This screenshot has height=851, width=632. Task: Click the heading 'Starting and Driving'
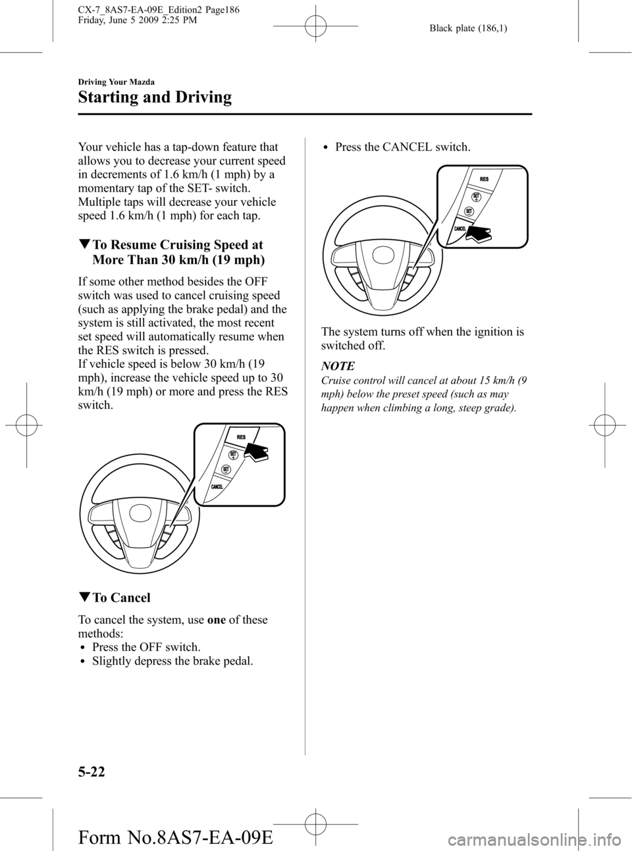pos(155,97)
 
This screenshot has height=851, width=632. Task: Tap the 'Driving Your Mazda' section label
pos(117,82)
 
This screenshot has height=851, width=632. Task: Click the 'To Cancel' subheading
pos(114,598)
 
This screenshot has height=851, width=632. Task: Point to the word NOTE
pos(338,366)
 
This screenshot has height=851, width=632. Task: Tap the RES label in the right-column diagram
pos(484,179)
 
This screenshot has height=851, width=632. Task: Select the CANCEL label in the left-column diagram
pos(217,487)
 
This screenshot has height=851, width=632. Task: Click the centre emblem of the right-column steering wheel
pos(383,256)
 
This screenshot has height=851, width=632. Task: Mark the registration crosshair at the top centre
pos(315,26)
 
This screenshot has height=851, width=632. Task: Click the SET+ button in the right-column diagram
pos(477,197)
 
